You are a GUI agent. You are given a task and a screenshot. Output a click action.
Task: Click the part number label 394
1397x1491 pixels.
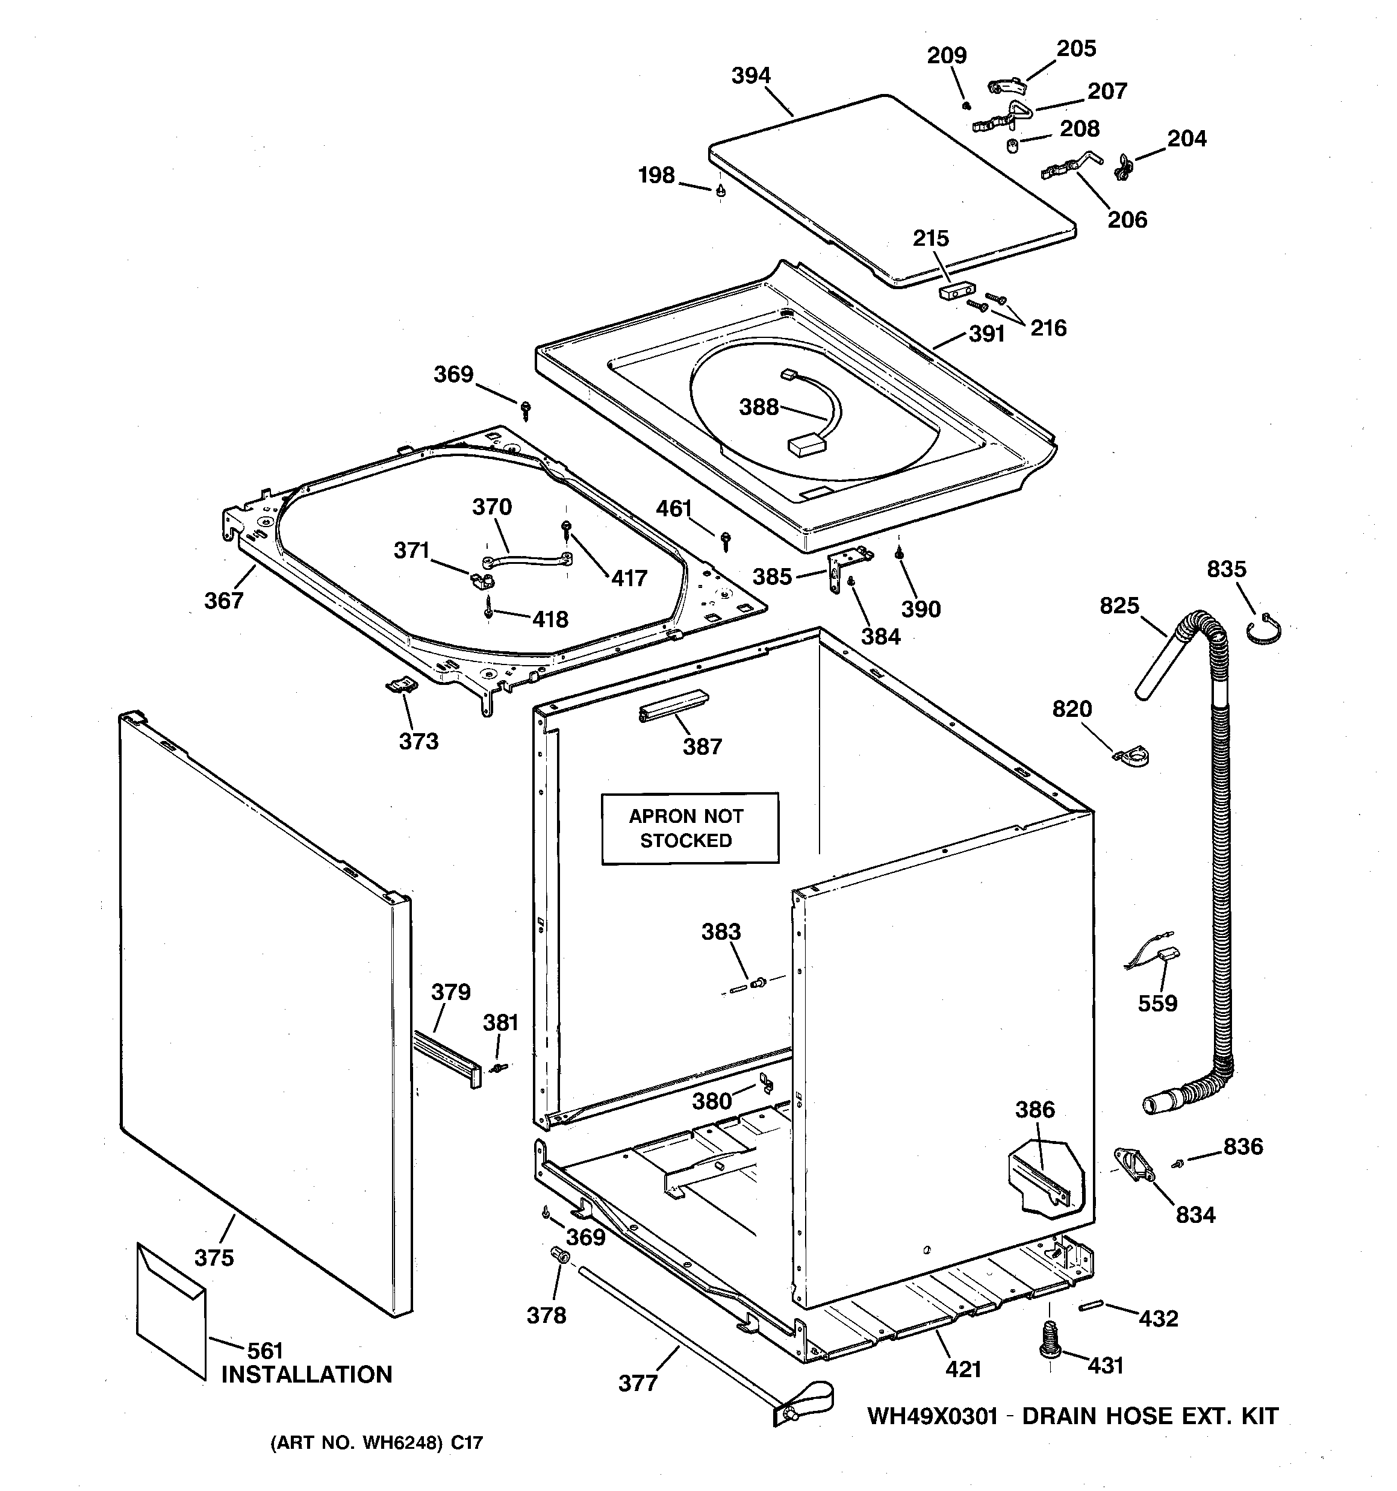pos(751,76)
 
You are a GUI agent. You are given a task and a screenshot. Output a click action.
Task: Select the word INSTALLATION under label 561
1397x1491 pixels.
pos(306,1375)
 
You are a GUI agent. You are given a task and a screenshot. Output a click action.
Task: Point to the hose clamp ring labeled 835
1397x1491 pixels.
pos(1265,628)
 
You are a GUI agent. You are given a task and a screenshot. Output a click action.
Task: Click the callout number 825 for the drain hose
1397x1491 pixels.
pos(1119,605)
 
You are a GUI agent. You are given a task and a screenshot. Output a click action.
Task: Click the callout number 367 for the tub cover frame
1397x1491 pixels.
pos(223,601)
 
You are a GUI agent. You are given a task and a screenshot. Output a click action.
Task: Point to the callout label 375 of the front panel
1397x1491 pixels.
pos(214,1258)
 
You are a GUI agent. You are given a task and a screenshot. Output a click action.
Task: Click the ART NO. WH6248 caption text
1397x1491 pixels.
pos(376,1442)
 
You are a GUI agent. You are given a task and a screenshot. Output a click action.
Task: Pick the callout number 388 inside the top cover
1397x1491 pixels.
pos(759,407)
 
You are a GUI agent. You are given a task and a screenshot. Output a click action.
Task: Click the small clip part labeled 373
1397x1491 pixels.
pos(401,685)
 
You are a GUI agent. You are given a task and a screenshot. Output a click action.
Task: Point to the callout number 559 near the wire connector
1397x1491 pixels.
pos(1157,1004)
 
